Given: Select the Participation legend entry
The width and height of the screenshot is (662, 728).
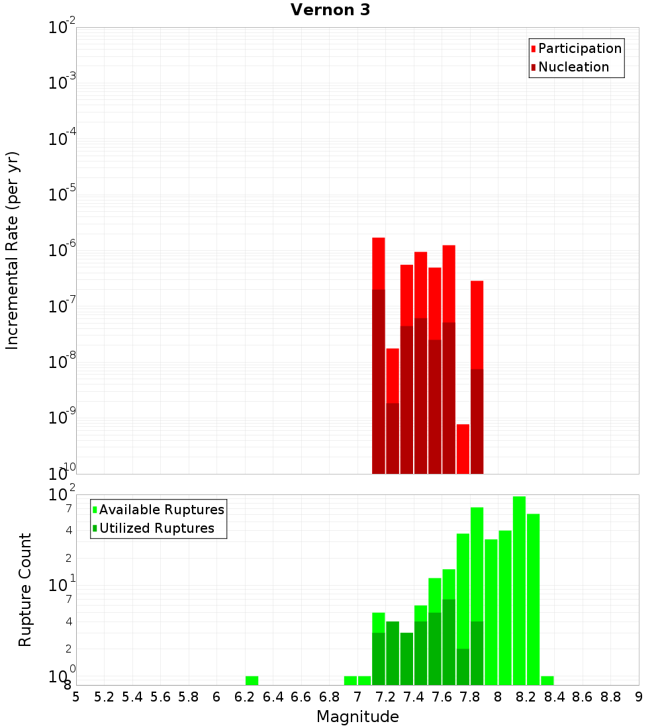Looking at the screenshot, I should pyautogui.click(x=579, y=48).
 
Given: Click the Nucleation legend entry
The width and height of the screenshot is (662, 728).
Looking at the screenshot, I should pyautogui.click(x=573, y=67).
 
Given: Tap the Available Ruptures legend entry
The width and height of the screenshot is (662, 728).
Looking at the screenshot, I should pyautogui.click(x=161, y=510).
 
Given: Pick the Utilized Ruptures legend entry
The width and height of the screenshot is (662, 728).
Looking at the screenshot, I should pyautogui.click(x=156, y=528).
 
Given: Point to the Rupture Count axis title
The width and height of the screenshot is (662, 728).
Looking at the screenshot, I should pyautogui.click(x=25, y=590).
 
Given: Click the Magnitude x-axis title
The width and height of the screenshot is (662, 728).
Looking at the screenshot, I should pyautogui.click(x=357, y=717).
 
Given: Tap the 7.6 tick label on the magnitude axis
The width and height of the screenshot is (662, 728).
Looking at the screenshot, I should pyautogui.click(x=442, y=697).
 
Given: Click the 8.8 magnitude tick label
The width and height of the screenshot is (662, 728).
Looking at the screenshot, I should pyautogui.click(x=610, y=697).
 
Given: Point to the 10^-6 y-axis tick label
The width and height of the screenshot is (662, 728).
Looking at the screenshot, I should pyautogui.click(x=62, y=250).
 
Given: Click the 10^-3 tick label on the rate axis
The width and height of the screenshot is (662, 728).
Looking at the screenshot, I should pyautogui.click(x=62, y=83).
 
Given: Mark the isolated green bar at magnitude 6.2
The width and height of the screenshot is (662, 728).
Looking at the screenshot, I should pyautogui.click(x=252, y=680).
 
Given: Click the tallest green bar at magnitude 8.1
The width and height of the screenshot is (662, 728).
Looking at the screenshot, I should pyautogui.click(x=519, y=589).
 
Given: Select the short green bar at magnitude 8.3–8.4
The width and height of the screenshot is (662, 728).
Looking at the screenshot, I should pyautogui.click(x=547, y=680).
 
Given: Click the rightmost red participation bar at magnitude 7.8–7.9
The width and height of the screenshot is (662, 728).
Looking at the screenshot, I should pyautogui.click(x=477, y=324).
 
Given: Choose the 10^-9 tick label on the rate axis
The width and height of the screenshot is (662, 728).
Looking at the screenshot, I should pyautogui.click(x=62, y=418).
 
